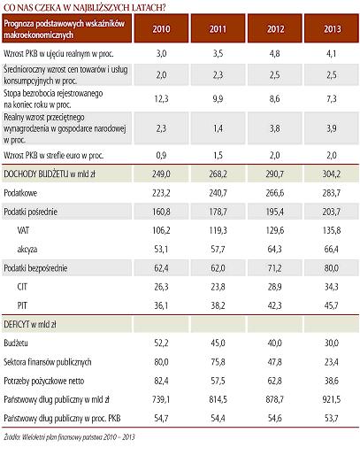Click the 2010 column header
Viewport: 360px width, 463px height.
(x=161, y=29)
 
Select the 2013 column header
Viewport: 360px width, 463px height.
(x=332, y=29)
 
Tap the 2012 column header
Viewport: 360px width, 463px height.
(x=275, y=29)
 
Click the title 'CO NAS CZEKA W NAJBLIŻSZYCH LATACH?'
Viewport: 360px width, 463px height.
(x=85, y=7)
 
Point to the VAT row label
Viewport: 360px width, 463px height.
(x=23, y=230)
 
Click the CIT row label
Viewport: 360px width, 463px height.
(x=22, y=287)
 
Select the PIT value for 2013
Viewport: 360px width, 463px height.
(x=332, y=305)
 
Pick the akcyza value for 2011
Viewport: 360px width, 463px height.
(x=218, y=250)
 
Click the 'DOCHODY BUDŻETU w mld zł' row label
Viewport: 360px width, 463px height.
(x=50, y=174)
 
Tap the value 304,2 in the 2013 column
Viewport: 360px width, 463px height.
(x=332, y=174)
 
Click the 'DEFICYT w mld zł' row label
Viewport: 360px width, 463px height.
(x=30, y=325)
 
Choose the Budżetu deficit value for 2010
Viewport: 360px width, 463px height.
(x=161, y=343)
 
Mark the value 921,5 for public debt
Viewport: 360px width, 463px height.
(x=332, y=400)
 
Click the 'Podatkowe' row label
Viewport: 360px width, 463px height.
(x=20, y=193)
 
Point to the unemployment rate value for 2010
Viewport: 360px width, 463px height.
(x=161, y=98)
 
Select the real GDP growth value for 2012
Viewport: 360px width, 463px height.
(x=275, y=54)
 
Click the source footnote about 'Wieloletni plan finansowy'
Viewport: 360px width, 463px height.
(x=69, y=437)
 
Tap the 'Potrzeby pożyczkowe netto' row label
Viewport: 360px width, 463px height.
(x=44, y=381)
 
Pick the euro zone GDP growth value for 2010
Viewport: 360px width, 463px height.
(x=161, y=155)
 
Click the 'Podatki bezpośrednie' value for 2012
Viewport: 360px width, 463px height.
(x=275, y=268)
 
